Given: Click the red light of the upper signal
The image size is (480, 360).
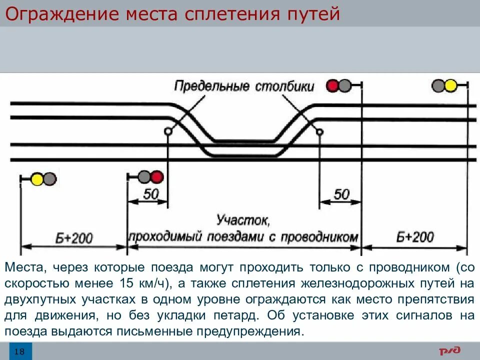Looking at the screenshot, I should pyautogui.click(x=332, y=86).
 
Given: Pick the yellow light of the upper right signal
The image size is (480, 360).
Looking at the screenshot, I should pyautogui.click(x=451, y=86).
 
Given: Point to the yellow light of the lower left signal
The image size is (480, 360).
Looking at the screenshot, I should pyautogui.click(x=37, y=178).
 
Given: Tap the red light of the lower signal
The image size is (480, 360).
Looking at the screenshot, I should pyautogui.click(x=157, y=177).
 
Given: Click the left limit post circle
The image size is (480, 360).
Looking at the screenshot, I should pyautogui.click(x=167, y=131).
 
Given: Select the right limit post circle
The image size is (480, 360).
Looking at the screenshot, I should pyautogui.click(x=319, y=131).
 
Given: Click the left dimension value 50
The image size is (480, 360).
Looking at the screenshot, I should pyautogui.click(x=150, y=194).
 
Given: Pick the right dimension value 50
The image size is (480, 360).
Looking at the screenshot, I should pyautogui.click(x=341, y=194).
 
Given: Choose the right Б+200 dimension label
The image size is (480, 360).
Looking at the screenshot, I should pyautogui.click(x=415, y=236).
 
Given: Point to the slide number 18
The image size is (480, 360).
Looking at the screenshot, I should pyautogui.click(x=19, y=351).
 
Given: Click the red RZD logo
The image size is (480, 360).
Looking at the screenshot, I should pyautogui.click(x=450, y=351).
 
